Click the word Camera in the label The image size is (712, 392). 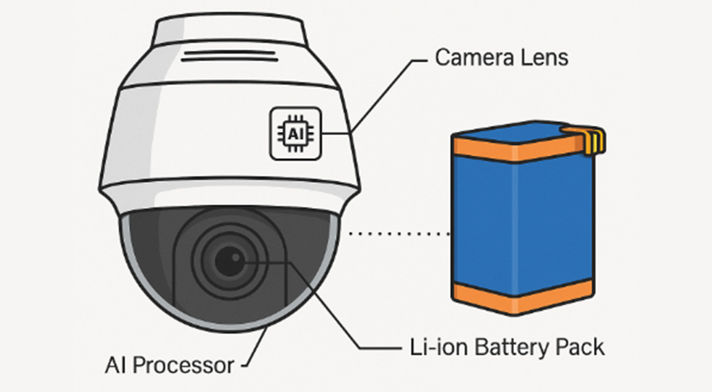pos(470,58)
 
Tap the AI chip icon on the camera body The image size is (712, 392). pos(295,134)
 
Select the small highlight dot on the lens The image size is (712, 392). pos(236,257)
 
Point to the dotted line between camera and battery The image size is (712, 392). pos(399,234)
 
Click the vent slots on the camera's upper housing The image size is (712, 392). pos(229,56)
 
